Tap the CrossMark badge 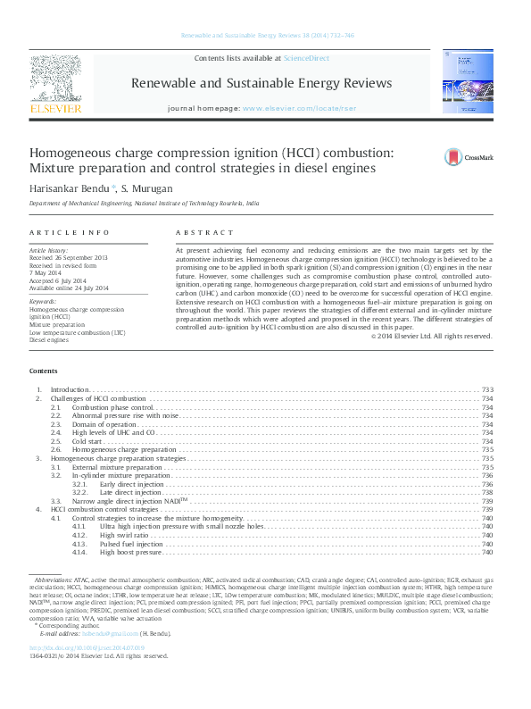click(x=469, y=158)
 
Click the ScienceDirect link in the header click(x=305, y=58)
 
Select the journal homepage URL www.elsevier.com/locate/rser click(x=288, y=107)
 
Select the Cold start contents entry click(x=87, y=441)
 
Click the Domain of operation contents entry click(x=102, y=424)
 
